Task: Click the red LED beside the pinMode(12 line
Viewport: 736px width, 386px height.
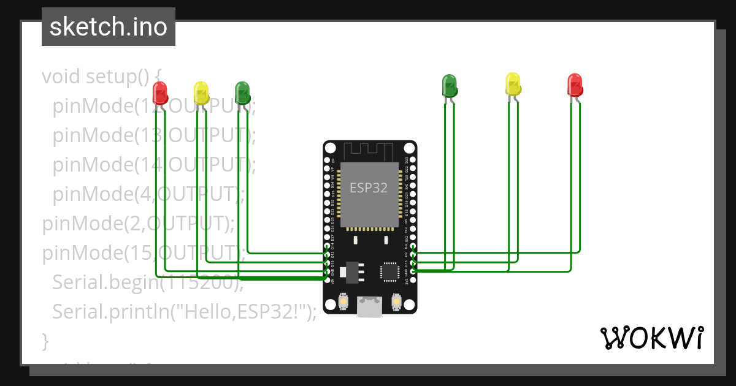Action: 160,93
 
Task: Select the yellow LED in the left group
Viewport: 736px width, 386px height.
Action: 201,93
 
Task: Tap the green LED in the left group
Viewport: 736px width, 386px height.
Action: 242,92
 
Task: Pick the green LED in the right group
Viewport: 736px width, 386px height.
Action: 450,85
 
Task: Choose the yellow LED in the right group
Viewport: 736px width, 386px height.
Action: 513,83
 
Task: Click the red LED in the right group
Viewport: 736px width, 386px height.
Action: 575,85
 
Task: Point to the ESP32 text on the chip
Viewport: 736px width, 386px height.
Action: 369,188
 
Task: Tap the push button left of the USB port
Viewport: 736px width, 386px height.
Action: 343,302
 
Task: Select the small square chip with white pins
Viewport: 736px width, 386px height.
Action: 389,271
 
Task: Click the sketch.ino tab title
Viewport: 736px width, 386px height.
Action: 108,27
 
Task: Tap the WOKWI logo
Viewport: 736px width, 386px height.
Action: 652,338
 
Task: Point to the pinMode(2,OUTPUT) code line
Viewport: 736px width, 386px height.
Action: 138,224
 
